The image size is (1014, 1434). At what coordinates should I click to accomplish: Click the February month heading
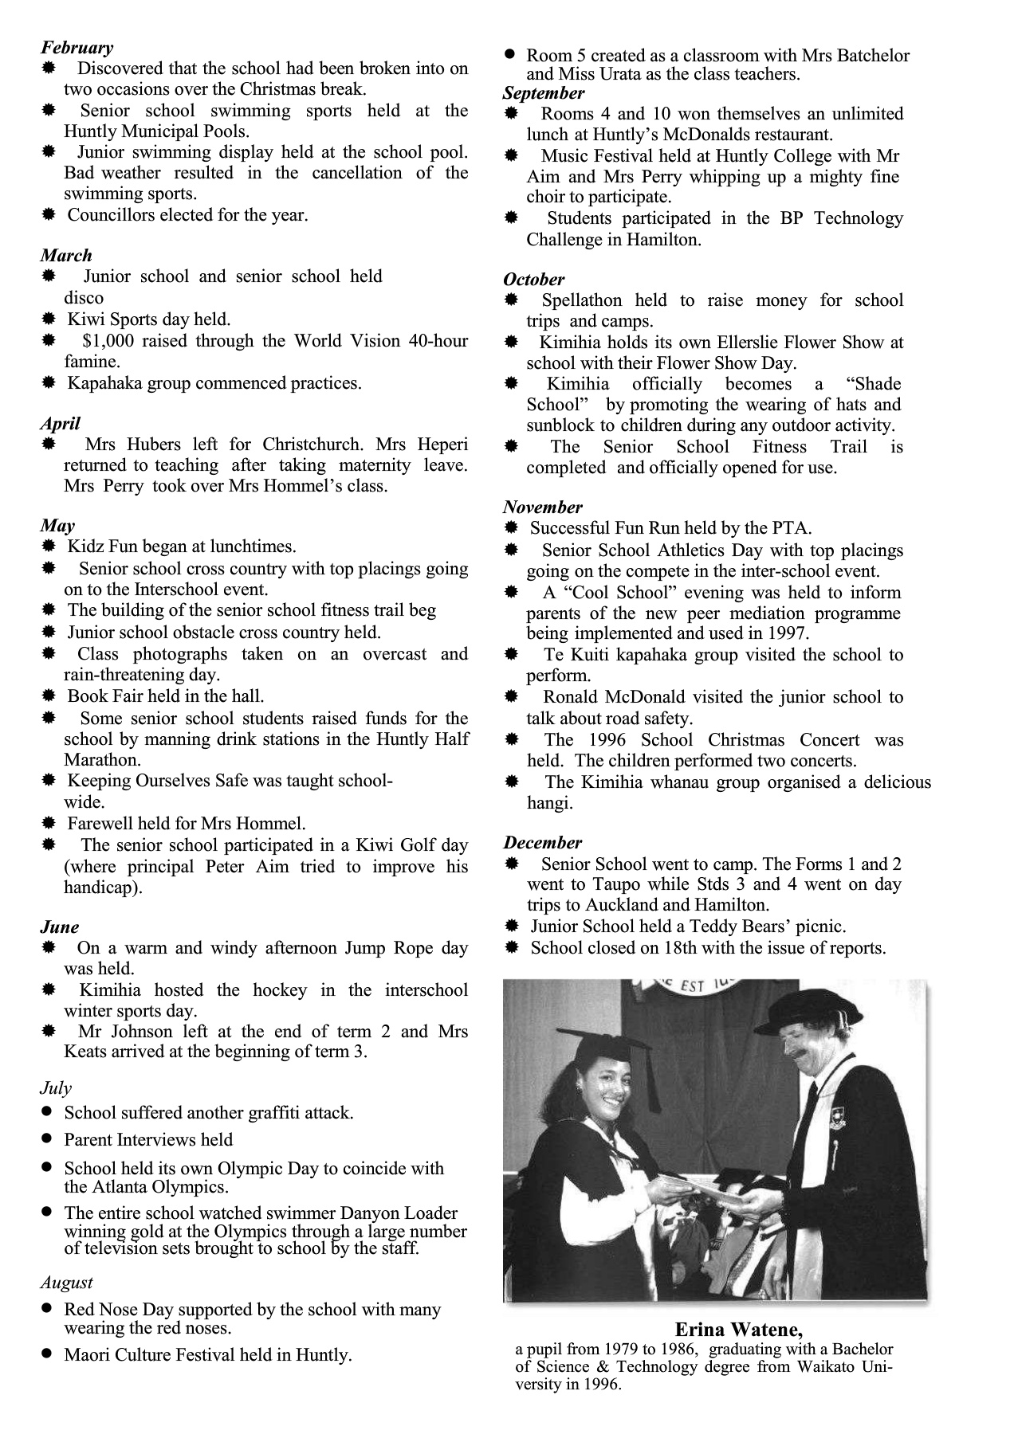pyautogui.click(x=77, y=48)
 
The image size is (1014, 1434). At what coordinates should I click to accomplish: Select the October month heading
pyautogui.click(x=533, y=280)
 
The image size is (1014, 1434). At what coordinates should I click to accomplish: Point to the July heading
pyautogui.click(x=56, y=1088)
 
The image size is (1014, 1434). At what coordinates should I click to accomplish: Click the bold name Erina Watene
pyautogui.click(x=738, y=1330)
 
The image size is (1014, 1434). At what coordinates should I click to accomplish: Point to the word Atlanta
pyautogui.click(x=99, y=1187)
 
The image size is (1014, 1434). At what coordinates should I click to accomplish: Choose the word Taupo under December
pyautogui.click(x=611, y=884)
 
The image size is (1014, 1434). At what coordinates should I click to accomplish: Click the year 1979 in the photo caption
pyautogui.click(x=625, y=1350)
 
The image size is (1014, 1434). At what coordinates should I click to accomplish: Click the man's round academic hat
pyautogui.click(x=803, y=1013)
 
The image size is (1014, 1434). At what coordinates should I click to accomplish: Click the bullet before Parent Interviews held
pyautogui.click(x=49, y=1139)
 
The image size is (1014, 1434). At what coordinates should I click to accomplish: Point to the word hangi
pyautogui.click(x=549, y=803)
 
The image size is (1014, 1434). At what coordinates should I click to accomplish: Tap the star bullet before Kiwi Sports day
pyautogui.click(x=49, y=319)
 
